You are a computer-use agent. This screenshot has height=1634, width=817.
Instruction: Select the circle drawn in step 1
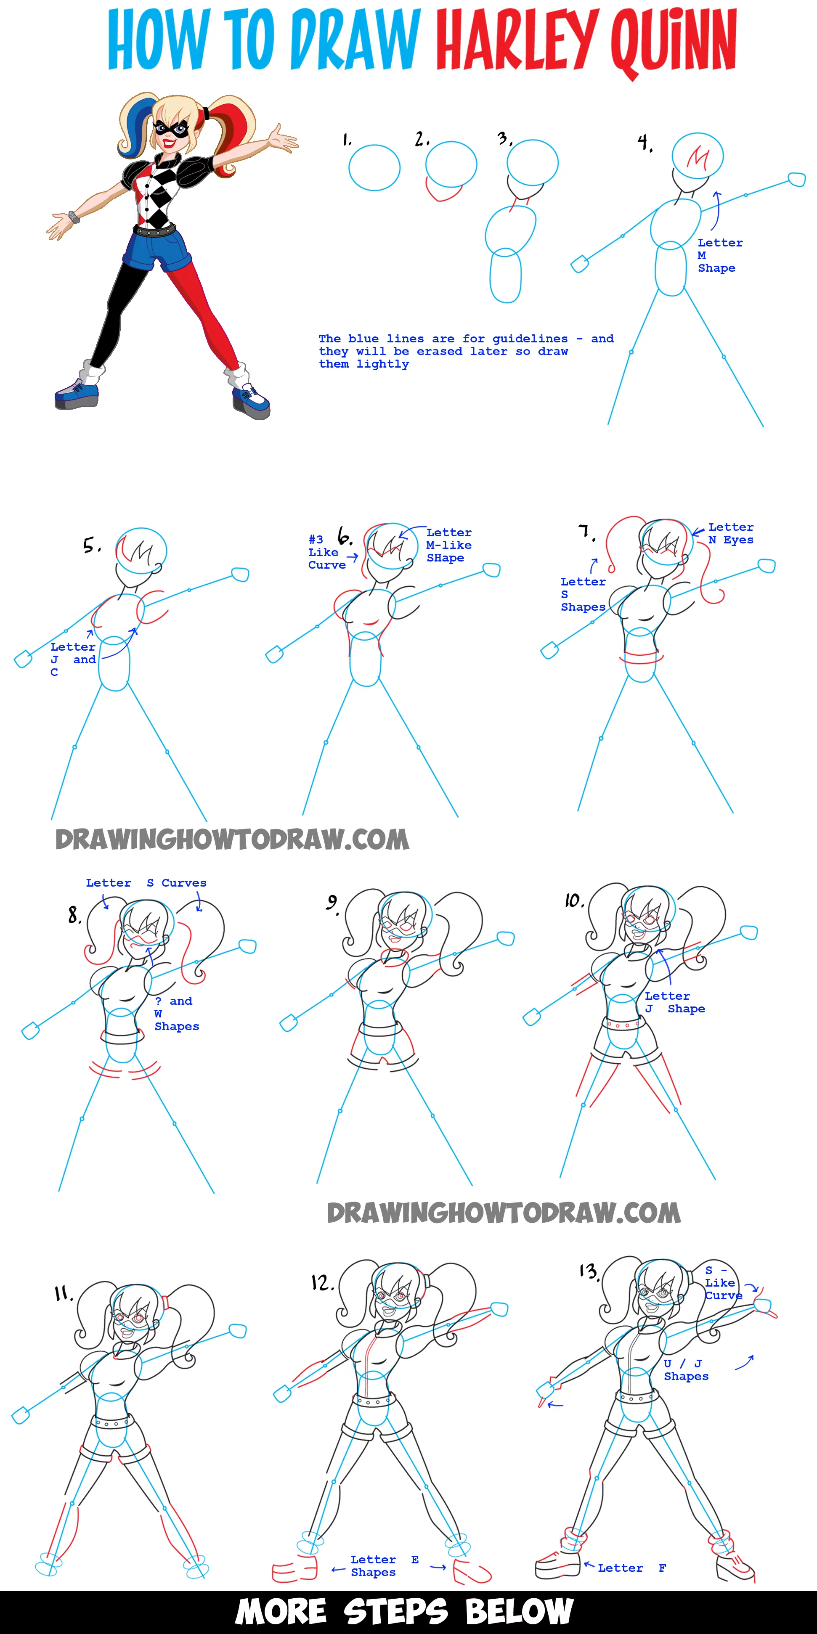375,167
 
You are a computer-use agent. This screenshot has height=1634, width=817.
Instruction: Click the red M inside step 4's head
698,157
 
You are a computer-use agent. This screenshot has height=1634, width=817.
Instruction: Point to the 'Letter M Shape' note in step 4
720,255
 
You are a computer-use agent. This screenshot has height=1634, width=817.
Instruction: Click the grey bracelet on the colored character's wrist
74,217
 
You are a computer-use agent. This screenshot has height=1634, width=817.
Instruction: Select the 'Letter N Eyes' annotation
731,533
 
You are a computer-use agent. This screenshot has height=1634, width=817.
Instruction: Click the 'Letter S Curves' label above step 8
146,883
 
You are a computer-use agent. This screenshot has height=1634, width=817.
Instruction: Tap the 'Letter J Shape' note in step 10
675,1002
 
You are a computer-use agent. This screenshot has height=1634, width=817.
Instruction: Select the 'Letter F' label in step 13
632,1568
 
